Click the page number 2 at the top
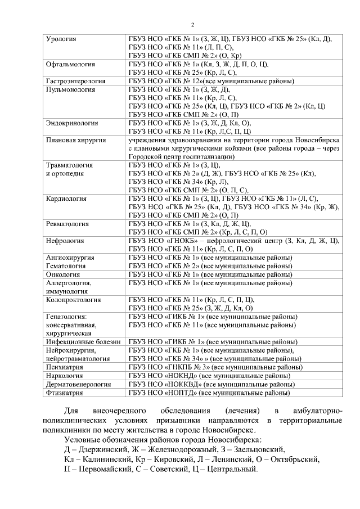click(192, 25)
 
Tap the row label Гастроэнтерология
click(76, 81)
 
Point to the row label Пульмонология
click(70, 89)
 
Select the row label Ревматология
click(67, 223)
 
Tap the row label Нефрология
click(65, 241)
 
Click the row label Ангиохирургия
click(70, 258)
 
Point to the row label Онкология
click(62, 274)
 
